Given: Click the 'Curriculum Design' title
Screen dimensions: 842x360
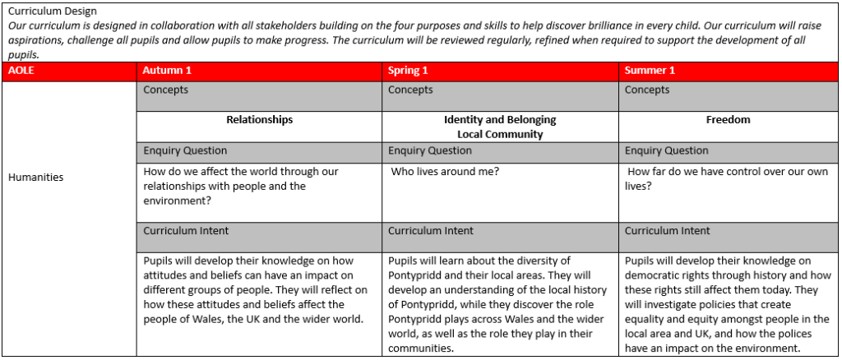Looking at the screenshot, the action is [52, 12].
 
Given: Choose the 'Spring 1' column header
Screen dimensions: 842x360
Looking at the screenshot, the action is [408, 71].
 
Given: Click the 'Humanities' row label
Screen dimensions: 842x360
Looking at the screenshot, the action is [35, 177].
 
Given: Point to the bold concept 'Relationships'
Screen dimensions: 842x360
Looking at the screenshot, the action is [259, 120].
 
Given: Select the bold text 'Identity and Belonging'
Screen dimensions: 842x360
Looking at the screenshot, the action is [500, 120].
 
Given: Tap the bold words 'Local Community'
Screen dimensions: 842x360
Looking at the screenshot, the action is [500, 134].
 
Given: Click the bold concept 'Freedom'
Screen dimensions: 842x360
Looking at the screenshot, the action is [728, 120].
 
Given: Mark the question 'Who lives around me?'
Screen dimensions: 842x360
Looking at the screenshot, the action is [444, 172].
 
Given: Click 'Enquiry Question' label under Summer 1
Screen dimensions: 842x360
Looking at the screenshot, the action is [665, 150].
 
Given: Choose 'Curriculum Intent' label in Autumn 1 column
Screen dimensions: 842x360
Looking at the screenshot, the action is [186, 231].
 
